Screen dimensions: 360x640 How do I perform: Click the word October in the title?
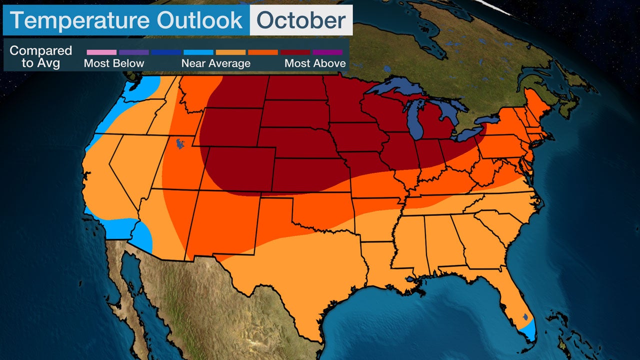click(x=300, y=20)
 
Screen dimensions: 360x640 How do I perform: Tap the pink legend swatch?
click(x=101, y=52)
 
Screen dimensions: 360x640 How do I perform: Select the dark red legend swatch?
click(x=295, y=52)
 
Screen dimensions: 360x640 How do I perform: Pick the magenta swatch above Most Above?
click(x=327, y=52)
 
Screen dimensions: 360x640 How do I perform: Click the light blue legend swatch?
click(x=198, y=52)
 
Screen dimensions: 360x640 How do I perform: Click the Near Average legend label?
click(x=215, y=63)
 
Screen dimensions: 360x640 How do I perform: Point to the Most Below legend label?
click(x=114, y=63)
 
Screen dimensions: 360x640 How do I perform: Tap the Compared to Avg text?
click(x=41, y=57)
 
